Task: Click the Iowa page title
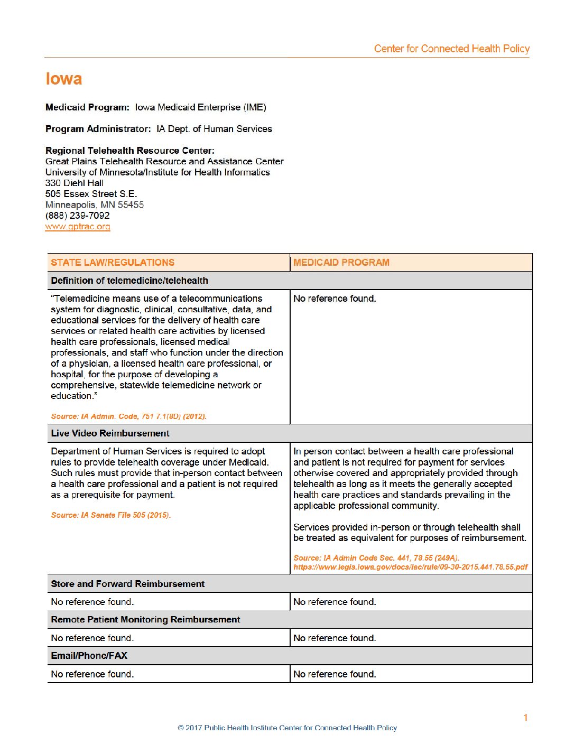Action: click(64, 79)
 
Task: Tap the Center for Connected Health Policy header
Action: click(451, 49)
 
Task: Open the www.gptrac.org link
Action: click(78, 227)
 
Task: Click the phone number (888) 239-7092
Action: click(78, 216)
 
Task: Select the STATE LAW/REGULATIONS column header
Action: click(113, 263)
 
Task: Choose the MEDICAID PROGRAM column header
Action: click(341, 263)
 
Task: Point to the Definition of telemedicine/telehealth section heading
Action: click(129, 281)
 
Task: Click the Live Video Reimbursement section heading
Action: click(110, 433)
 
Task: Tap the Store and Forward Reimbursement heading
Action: click(127, 584)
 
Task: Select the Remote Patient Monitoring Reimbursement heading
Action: click(145, 619)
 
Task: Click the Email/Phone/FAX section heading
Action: click(89, 656)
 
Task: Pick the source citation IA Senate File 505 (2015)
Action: click(111, 515)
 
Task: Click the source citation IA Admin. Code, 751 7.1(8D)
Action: click(128, 416)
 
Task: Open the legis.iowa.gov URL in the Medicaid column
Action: click(410, 567)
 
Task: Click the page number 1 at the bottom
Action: click(525, 718)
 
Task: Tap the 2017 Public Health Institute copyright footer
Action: click(287, 728)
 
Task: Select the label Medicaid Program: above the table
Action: click(87, 107)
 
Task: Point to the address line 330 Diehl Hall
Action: click(75, 183)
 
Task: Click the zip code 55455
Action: click(131, 204)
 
